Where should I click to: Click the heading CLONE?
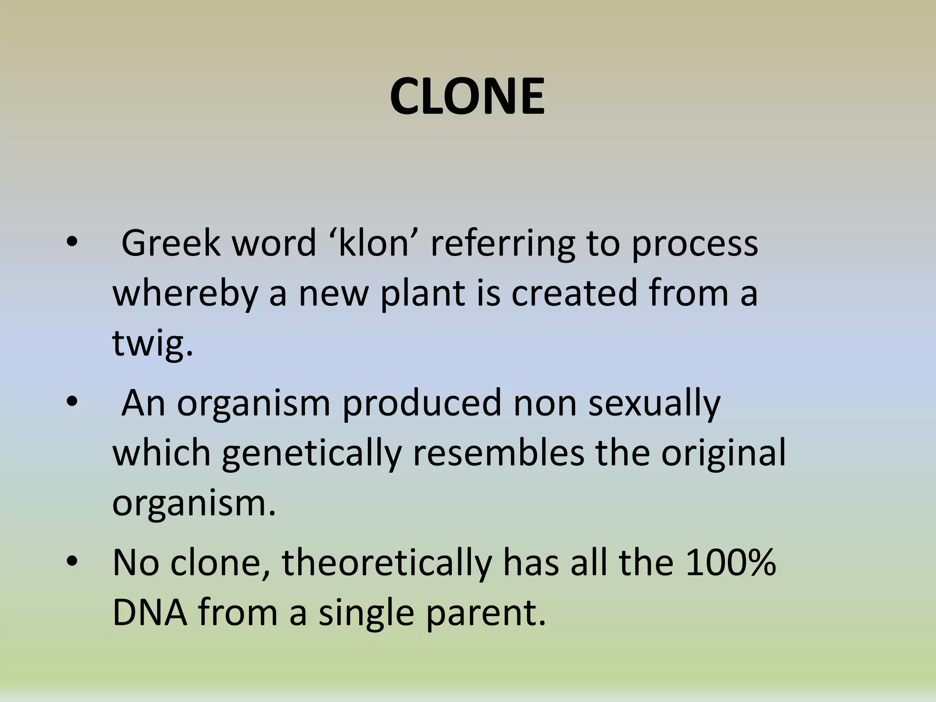[x=467, y=97]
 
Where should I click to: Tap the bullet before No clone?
[x=72, y=562]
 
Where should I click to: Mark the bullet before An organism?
[x=72, y=403]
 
